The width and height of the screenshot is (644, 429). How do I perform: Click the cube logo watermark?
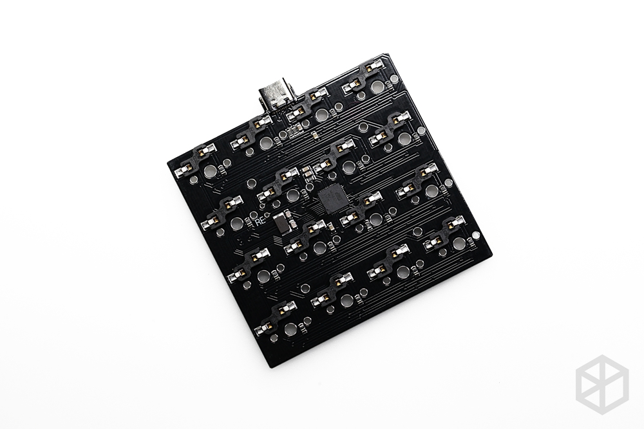pos(601,382)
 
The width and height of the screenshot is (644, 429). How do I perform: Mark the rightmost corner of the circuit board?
pos(491,257)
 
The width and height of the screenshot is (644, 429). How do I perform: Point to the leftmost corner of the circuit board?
pos(167,156)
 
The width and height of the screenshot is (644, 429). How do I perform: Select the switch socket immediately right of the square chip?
pos(360,210)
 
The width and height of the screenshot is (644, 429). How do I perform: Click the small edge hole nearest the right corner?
pos(475,234)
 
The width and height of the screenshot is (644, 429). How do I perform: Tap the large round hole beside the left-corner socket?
pos(210,172)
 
